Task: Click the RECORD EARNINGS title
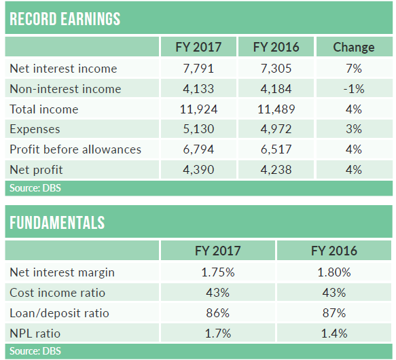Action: click(65, 19)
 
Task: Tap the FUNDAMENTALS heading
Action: click(57, 223)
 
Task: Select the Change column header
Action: click(354, 48)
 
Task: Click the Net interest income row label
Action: click(63, 69)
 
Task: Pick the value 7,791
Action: click(198, 69)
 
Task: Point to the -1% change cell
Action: click(354, 89)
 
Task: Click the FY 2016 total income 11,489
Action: click(276, 109)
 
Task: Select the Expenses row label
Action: click(35, 129)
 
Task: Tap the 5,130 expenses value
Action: click(198, 129)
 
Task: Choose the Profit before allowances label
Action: click(75, 149)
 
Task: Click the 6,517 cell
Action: click(276, 149)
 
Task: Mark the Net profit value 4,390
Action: click(198, 170)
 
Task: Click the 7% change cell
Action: click(354, 69)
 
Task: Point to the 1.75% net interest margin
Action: click(218, 272)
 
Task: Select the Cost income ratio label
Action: click(57, 293)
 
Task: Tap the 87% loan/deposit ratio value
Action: click(334, 313)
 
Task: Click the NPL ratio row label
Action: click(35, 334)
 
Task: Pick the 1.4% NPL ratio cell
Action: click(334, 334)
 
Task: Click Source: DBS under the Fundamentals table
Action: click(35, 351)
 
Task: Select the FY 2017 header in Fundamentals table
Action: click(218, 251)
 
